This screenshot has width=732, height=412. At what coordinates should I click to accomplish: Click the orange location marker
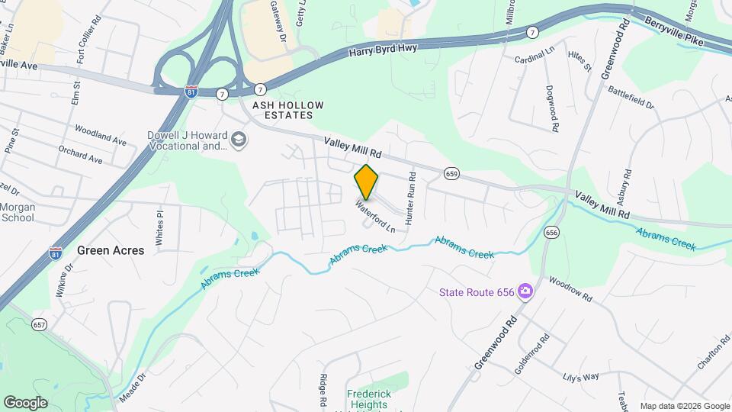point(367,182)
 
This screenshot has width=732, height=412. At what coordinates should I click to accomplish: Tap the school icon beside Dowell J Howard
point(239,139)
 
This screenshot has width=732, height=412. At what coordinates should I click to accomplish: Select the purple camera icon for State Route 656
point(525,291)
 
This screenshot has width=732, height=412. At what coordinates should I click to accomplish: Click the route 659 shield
point(452,174)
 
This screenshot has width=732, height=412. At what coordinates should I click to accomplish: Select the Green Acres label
point(111,250)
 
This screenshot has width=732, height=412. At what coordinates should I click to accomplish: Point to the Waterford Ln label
point(375,217)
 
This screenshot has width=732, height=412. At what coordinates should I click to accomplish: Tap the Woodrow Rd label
point(569,289)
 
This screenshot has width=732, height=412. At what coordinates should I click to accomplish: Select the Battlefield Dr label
point(631,96)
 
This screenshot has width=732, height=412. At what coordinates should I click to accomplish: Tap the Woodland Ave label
point(101,137)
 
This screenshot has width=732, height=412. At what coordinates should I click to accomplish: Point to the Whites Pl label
point(160,227)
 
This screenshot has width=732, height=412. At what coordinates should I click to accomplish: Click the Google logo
point(25,402)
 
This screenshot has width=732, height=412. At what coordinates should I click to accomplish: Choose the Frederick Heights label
point(374,395)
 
